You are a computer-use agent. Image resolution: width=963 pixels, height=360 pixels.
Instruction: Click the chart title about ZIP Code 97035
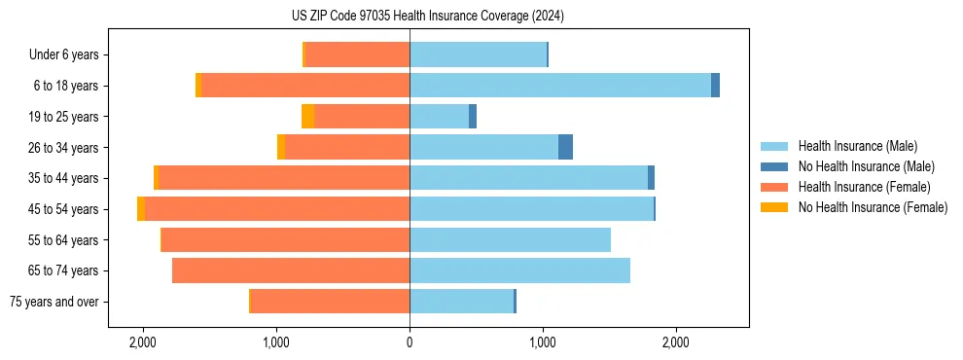tap(481, 17)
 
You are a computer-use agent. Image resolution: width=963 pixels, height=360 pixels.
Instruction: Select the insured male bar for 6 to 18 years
tap(560, 86)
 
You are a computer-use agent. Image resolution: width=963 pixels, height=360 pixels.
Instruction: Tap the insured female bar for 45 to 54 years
tap(277, 209)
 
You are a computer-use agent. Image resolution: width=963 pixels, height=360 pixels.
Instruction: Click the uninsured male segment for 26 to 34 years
tap(565, 147)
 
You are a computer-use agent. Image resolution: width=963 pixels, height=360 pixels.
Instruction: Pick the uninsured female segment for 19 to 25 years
tap(307, 117)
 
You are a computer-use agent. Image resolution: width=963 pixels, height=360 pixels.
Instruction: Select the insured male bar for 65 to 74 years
tap(519, 270)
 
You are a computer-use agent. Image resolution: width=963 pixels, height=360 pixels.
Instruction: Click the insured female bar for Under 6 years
tap(357, 54)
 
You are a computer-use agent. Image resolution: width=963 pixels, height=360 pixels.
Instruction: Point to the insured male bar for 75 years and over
tap(461, 302)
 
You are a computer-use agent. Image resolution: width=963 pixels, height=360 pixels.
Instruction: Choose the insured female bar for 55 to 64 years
tap(285, 239)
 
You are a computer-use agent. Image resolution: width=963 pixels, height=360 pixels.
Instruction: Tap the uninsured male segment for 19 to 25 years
tap(473, 117)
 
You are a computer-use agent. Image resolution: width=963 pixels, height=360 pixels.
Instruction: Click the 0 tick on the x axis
tap(410, 343)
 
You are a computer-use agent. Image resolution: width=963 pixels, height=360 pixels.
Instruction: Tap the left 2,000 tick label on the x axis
tap(143, 343)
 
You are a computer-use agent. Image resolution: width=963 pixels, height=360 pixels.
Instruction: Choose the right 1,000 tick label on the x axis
tap(543, 343)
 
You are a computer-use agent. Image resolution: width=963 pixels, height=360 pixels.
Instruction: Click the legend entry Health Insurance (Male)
tap(857, 146)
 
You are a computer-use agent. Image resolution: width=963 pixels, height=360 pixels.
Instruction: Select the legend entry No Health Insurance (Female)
tap(873, 207)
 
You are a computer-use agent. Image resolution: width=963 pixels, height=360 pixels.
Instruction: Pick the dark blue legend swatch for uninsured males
tap(774, 166)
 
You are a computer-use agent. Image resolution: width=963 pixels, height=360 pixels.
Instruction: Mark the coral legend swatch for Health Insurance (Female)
tap(774, 187)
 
